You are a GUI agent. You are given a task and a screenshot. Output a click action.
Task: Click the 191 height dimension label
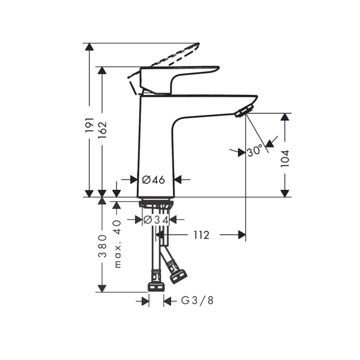pos(89,126)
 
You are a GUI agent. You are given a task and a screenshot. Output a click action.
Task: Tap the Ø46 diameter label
pos(153,179)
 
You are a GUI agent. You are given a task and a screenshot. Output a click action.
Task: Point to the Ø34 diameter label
pos(156,220)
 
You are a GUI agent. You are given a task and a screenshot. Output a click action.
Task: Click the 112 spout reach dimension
pos(201,235)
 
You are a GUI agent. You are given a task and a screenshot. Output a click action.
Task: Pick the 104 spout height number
pos(285,159)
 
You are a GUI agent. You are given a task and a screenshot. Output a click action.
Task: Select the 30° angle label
pos(255,151)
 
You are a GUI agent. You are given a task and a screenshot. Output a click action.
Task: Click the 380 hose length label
pos(102,246)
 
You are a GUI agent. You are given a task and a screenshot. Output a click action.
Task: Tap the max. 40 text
pos(117,244)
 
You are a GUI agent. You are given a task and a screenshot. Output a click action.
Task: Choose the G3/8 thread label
pos(197,301)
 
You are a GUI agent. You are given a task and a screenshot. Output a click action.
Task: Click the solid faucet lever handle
pos(175,77)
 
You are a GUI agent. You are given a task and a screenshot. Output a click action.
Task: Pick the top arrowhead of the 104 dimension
pos(284,117)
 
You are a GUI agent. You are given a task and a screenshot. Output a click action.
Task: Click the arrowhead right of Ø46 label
pos(178,179)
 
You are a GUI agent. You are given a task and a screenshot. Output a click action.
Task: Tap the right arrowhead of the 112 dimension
pos(242,235)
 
